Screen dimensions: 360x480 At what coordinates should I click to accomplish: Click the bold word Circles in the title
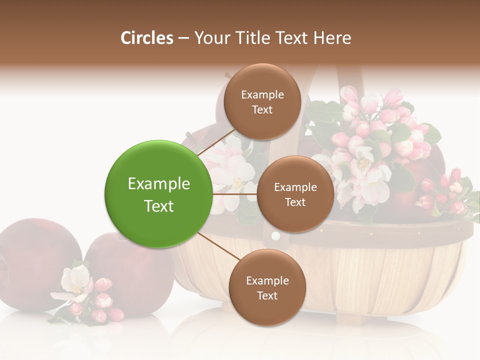pyautogui.click(x=146, y=38)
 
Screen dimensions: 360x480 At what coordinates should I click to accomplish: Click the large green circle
pyautogui.click(x=158, y=194)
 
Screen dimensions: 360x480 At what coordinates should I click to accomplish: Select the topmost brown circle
pyautogui.click(x=262, y=101)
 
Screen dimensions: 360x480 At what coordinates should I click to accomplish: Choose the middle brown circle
pyautogui.click(x=295, y=194)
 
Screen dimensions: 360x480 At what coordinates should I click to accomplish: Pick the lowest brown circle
pyautogui.click(x=267, y=287)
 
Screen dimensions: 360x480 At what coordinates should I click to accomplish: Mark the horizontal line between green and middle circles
pyautogui.click(x=235, y=194)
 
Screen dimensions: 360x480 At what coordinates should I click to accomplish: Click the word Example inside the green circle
pyautogui.click(x=158, y=184)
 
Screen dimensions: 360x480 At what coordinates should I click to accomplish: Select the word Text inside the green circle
pyautogui.click(x=158, y=206)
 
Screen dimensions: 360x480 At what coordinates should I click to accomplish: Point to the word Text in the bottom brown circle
pyautogui.click(x=267, y=295)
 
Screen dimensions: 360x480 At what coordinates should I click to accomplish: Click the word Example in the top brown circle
pyautogui.click(x=262, y=94)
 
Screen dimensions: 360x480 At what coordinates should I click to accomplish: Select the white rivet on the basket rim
pyautogui.click(x=275, y=235)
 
